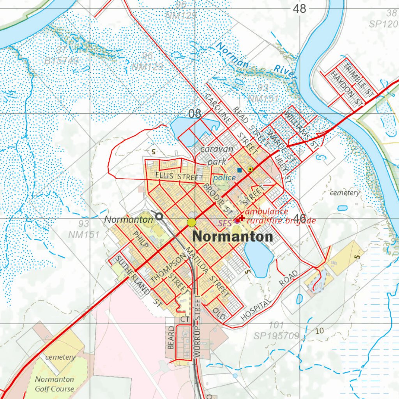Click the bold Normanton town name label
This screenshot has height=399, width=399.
coord(233,237)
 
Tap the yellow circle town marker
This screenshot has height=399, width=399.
coord(191,222)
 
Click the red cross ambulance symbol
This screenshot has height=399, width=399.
coord(242,218)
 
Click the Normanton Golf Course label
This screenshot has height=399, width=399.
coord(55,384)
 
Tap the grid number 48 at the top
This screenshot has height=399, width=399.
coord(300,9)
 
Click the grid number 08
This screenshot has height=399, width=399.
coord(194,114)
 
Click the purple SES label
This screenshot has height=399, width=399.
coord(225,223)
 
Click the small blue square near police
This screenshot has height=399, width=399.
coord(239,170)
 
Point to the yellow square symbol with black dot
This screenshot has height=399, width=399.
coord(250,169)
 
